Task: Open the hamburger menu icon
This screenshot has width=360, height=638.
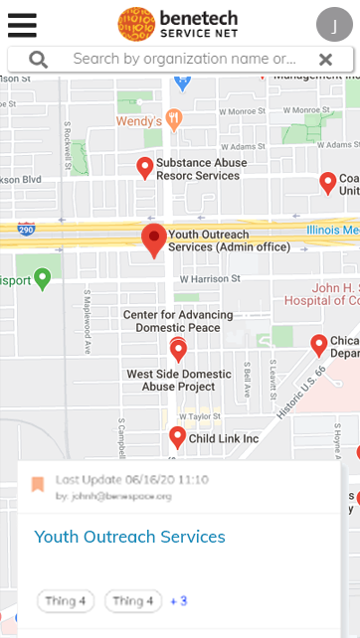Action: [21, 24]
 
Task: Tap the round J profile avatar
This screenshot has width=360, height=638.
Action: [334, 24]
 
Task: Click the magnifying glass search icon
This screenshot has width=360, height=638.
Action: [38, 60]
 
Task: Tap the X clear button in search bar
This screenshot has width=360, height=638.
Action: [325, 60]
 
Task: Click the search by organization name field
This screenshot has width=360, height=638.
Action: [184, 60]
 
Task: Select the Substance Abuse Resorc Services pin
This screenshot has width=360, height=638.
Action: [145, 167]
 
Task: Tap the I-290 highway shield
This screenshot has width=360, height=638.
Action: [27, 228]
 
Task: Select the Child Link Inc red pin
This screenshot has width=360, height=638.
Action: [177, 436]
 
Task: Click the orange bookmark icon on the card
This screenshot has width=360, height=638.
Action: [38, 484]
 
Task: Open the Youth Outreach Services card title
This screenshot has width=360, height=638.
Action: [130, 537]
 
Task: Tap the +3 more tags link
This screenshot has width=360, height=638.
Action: [179, 600]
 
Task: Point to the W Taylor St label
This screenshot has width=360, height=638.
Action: [199, 416]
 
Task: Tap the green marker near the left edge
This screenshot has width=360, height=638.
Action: [42, 277]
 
